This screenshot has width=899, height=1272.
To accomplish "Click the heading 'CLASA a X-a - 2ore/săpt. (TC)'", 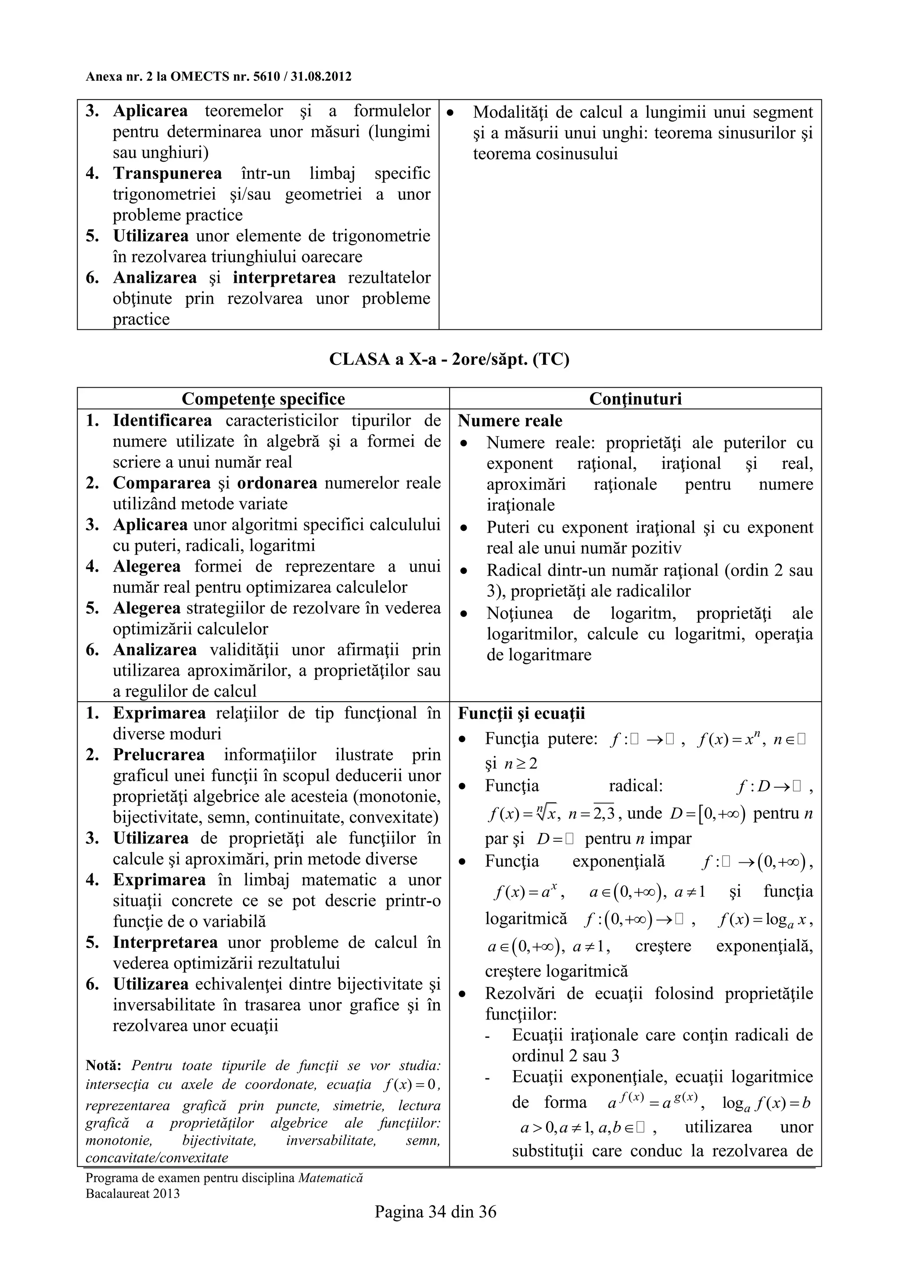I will click(449, 359).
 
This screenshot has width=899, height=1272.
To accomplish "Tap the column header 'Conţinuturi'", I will click(635, 399).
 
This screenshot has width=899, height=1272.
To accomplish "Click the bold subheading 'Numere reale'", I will click(510, 421).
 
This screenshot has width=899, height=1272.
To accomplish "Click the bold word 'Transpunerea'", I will click(167, 173).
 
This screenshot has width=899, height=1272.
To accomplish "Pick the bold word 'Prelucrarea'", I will click(159, 755).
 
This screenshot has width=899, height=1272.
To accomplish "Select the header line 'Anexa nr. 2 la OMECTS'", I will click(218, 76).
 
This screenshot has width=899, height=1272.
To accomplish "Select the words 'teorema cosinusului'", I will click(545, 154).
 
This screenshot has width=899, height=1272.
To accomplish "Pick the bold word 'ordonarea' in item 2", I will click(277, 483).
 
